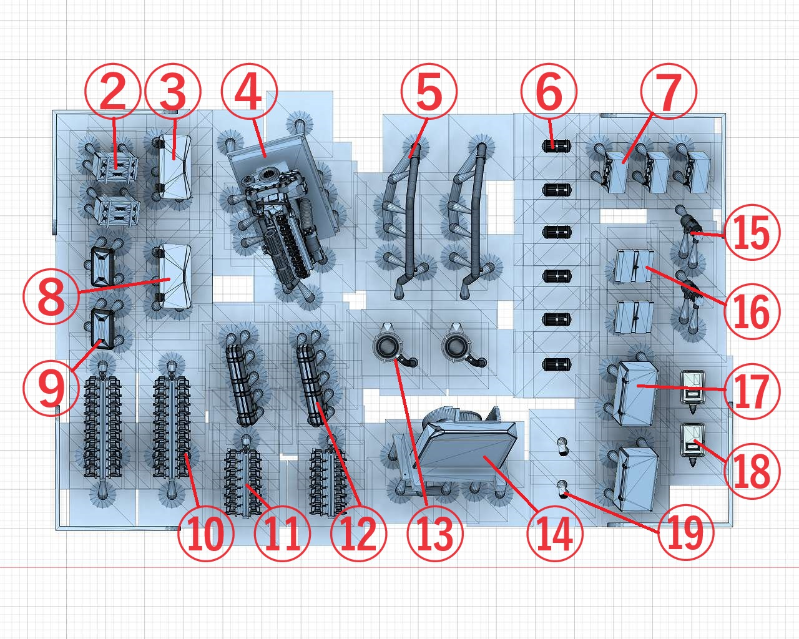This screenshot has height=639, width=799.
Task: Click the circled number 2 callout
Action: [113, 91]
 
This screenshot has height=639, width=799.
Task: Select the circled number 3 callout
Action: [173, 92]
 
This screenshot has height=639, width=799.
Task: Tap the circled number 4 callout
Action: [249, 91]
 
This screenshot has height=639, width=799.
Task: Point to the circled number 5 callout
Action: [429, 91]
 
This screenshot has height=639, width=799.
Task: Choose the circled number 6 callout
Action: [549, 92]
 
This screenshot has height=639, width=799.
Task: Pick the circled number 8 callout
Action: [51, 296]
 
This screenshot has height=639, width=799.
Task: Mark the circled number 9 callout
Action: [51, 389]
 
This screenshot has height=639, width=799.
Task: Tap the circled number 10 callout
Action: [206, 533]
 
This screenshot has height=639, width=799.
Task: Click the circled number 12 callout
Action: [358, 533]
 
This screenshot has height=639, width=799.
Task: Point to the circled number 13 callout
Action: [435, 533]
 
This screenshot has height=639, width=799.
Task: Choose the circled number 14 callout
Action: [555, 533]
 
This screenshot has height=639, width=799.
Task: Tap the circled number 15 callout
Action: [752, 232]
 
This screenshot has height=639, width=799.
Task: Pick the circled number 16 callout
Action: [752, 311]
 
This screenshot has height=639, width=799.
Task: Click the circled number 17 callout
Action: [752, 391]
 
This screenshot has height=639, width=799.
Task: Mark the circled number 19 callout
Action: [685, 532]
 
